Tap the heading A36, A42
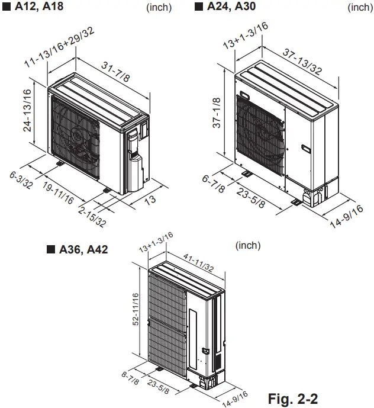pos(83,249)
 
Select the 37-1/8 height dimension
pos(217,113)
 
